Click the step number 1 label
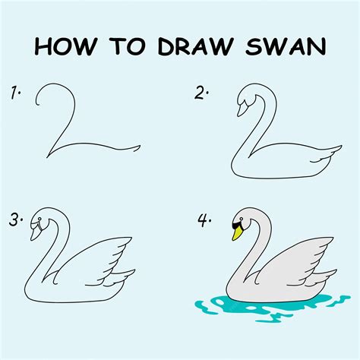(x=16, y=94)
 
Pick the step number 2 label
(x=201, y=94)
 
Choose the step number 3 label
(x=16, y=221)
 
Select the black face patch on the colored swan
(x=235, y=224)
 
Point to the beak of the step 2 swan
(x=242, y=109)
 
